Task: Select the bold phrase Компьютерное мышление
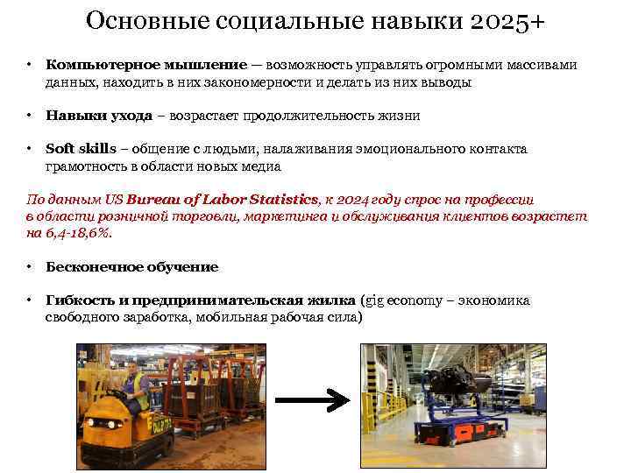pos(146,66)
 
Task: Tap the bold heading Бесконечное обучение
pos(131,266)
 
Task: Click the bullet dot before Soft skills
pos(30,149)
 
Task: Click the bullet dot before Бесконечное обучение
pos(30,266)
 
